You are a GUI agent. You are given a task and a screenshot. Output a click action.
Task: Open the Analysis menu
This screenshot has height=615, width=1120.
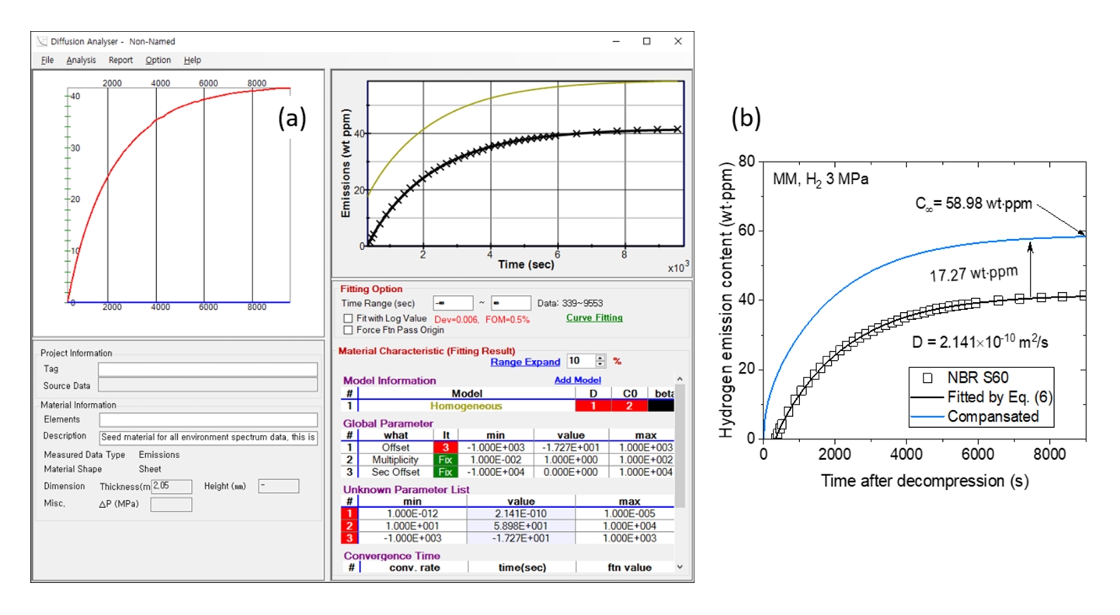[x=81, y=60]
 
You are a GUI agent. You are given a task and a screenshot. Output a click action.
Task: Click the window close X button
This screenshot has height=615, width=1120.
[x=677, y=41]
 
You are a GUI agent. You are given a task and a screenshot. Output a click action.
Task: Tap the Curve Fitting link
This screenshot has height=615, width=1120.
[x=594, y=318]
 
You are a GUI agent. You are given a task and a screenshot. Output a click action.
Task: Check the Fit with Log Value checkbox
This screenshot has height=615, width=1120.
[x=348, y=318]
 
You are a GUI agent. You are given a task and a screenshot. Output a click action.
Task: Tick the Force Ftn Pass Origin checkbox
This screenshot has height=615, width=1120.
[x=348, y=330]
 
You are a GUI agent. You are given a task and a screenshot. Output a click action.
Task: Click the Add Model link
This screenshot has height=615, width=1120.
[x=577, y=380]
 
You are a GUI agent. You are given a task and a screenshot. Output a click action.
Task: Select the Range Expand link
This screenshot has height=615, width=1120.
[x=525, y=362]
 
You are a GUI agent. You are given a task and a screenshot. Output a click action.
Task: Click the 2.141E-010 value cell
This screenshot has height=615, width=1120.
[x=521, y=514]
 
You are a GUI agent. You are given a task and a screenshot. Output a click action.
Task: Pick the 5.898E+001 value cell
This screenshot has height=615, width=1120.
[x=521, y=526]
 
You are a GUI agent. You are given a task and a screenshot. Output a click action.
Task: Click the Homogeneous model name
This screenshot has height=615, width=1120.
[x=466, y=405]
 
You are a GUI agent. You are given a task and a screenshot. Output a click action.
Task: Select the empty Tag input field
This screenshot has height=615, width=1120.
[x=207, y=369]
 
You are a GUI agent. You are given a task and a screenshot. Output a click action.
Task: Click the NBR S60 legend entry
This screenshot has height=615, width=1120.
[x=977, y=378]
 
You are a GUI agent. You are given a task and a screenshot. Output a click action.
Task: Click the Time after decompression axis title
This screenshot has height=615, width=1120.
[x=924, y=481]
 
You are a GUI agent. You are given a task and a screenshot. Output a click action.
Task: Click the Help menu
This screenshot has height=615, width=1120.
[x=192, y=60]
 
